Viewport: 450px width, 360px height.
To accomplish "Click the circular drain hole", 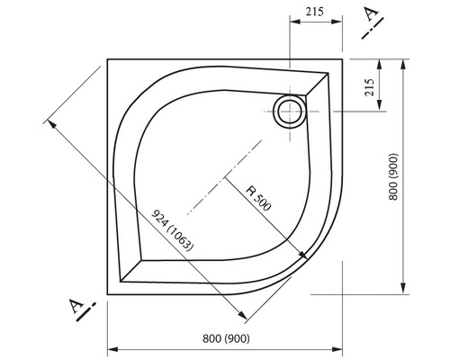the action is pyautogui.click(x=290, y=100).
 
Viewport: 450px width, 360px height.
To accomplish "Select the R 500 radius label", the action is pyautogui.click(x=259, y=198).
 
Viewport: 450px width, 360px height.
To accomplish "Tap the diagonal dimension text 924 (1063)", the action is pyautogui.click(x=172, y=230).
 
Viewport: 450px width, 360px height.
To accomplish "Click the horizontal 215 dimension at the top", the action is pyautogui.click(x=315, y=13).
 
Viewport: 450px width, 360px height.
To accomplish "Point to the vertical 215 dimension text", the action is pyautogui.click(x=370, y=87).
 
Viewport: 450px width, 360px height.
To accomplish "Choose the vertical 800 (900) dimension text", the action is pyautogui.click(x=393, y=176).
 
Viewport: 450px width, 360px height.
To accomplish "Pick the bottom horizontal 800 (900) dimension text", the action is pyautogui.click(x=226, y=338).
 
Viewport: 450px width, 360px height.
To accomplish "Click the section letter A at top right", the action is pyautogui.click(x=371, y=13).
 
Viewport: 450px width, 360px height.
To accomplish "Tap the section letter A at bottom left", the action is pyautogui.click(x=76, y=305).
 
